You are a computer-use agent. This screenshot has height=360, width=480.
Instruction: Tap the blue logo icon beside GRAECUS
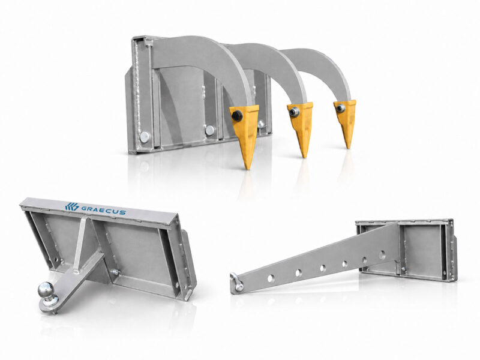(71, 206)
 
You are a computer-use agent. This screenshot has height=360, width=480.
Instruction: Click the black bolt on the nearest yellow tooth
(236, 115)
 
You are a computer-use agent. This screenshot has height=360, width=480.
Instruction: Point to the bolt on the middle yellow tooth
(295, 112)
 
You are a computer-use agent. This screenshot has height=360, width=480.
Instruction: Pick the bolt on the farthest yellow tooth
(341, 107)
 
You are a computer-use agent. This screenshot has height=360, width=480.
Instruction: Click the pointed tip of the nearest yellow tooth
(248, 169)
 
